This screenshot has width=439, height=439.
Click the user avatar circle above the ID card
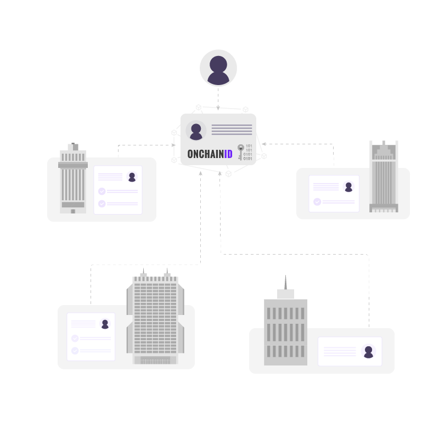click(x=218, y=68)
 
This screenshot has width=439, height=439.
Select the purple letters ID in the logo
click(x=228, y=154)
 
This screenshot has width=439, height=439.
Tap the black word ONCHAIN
click(x=205, y=154)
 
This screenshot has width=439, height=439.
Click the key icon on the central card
click(x=240, y=151)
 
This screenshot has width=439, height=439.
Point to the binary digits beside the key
click(x=249, y=152)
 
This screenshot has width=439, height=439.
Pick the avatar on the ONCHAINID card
click(x=196, y=131)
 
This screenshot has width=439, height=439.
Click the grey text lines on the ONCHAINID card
click(x=232, y=130)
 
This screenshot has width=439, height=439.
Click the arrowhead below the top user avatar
click(x=218, y=108)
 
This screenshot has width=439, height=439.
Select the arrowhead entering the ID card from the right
click(x=264, y=144)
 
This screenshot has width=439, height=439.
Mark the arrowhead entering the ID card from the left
click(x=173, y=145)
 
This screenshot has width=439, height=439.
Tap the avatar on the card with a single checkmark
click(x=348, y=187)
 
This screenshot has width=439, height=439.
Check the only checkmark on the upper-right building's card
click(x=317, y=202)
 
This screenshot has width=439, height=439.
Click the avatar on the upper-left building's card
click(x=132, y=177)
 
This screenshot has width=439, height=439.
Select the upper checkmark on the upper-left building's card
click(x=102, y=191)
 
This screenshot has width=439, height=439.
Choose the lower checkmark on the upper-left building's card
click(x=102, y=204)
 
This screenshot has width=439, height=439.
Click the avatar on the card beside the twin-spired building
click(x=105, y=324)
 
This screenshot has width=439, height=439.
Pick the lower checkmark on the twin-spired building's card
click(x=75, y=351)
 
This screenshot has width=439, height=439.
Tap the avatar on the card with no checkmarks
click(x=368, y=351)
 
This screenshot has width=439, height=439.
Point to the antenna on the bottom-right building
click(x=285, y=282)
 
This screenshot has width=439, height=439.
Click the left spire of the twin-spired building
click(x=143, y=272)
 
